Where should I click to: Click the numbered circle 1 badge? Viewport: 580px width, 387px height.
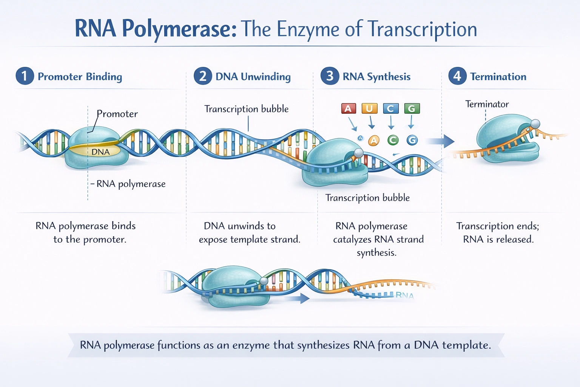click(25, 76)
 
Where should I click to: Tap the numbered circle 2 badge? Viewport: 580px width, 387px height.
click(203, 76)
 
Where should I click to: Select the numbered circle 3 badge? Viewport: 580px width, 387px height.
click(330, 76)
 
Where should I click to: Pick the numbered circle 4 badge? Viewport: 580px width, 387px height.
click(457, 76)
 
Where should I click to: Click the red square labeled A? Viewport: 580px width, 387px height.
click(348, 109)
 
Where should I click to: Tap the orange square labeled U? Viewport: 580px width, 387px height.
click(369, 109)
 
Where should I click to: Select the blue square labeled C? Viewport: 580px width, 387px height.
click(390, 109)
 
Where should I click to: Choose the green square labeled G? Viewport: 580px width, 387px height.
click(412, 109)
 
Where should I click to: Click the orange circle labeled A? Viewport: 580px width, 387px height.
click(373, 141)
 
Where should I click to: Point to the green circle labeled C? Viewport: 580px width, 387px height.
click(393, 141)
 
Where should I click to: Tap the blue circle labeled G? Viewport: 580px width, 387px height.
click(412, 141)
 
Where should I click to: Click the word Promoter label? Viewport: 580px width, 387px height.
click(117, 114)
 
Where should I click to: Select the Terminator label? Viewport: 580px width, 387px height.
click(487, 104)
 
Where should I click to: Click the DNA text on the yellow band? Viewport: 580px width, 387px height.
click(100, 152)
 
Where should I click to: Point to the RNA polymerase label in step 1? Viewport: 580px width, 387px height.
click(131, 184)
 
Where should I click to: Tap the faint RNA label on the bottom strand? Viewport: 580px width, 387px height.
click(404, 296)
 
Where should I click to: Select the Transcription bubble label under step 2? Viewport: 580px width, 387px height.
click(246, 109)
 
